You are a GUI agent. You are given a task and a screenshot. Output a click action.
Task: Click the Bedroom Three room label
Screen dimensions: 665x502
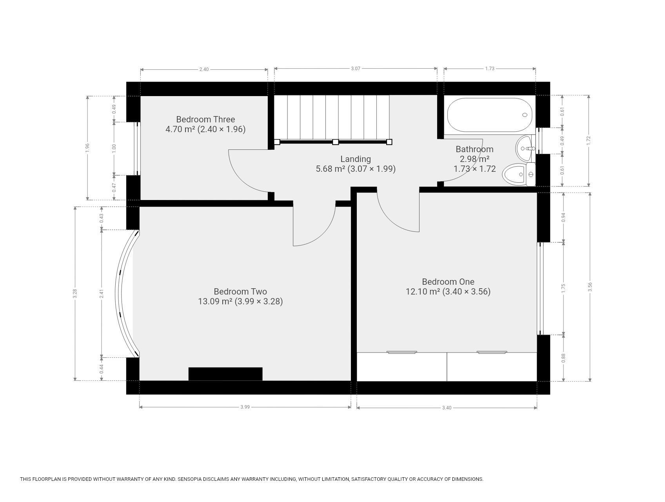(205, 119)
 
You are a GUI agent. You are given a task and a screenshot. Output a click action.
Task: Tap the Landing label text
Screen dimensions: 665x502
(356, 159)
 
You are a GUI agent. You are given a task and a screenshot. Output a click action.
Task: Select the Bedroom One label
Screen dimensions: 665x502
(448, 282)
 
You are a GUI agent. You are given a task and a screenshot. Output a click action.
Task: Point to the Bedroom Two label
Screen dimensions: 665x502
(240, 291)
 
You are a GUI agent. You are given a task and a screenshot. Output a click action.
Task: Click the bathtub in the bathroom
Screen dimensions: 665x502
(490, 115)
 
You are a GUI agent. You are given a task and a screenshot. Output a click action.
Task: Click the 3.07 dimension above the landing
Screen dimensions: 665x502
(356, 69)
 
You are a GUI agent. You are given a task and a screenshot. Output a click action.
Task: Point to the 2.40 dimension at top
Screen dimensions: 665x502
(204, 69)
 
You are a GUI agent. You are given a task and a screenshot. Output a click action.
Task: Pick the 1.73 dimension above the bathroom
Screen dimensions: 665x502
(490, 69)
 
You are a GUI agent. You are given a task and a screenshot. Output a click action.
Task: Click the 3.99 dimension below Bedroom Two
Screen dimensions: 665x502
(245, 407)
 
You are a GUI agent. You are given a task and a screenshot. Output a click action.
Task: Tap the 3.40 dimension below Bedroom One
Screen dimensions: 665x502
(447, 408)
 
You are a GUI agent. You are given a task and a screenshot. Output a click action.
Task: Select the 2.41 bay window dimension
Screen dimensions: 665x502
(101, 294)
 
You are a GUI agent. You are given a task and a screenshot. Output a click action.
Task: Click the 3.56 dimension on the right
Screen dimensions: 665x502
(590, 287)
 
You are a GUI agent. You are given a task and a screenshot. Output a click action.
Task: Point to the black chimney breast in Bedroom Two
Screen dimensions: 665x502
(225, 374)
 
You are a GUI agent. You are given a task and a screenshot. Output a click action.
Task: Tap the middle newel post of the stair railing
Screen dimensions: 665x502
(335, 142)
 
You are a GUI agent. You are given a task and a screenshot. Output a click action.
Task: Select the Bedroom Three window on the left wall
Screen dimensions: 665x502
(137, 149)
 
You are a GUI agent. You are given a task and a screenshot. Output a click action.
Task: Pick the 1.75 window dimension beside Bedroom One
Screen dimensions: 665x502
(564, 288)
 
